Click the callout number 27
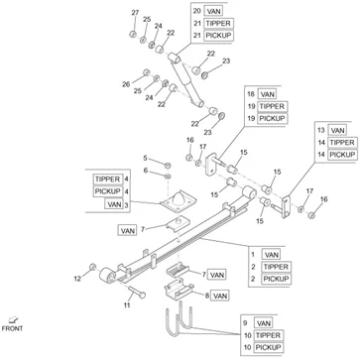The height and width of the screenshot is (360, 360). click(135, 13)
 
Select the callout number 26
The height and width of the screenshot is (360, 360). click(126, 84)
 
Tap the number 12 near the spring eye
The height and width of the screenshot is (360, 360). click(77, 279)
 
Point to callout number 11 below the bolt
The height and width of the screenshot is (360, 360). click(127, 305)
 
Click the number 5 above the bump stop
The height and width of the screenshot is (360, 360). click(145, 158)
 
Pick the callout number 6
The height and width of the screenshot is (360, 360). click(145, 171)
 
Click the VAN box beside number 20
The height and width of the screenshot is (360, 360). click(213, 11)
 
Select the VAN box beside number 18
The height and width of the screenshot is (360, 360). click(267, 94)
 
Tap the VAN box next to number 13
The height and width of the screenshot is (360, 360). click(337, 130)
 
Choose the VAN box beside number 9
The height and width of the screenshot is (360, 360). click(264, 323)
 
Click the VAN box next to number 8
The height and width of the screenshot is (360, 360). click(220, 296)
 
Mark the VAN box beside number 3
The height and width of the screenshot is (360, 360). click(113, 203)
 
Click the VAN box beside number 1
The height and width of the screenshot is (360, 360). click(272, 255)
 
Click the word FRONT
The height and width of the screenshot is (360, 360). click(12, 328)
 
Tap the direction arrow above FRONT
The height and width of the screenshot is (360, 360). click(13, 319)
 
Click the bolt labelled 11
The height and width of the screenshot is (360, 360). click(136, 291)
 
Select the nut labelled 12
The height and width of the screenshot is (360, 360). click(93, 267)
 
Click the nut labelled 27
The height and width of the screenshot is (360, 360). click(133, 34)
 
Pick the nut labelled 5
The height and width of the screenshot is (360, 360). click(168, 165)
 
